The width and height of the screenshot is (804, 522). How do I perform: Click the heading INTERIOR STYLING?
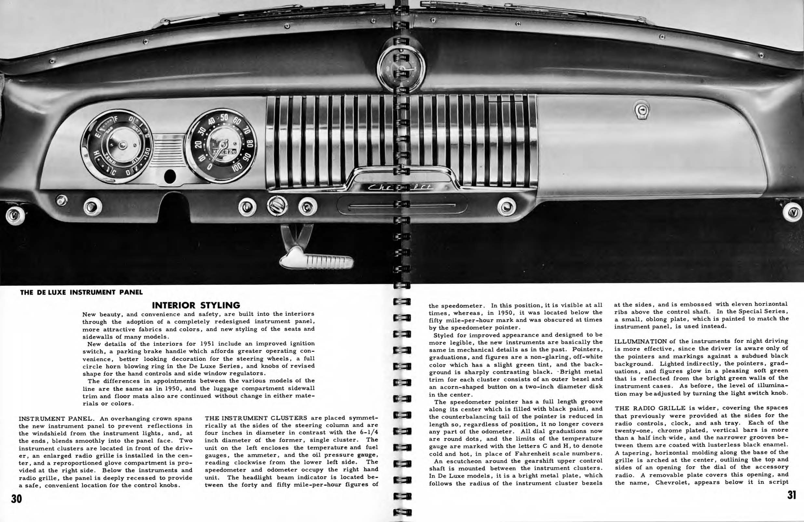click(x=196, y=305)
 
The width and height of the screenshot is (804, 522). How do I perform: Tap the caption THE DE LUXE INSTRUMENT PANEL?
click(x=81, y=292)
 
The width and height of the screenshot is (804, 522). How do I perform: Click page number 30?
click(x=17, y=499)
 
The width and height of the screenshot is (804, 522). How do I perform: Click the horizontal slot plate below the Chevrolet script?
click(x=402, y=205)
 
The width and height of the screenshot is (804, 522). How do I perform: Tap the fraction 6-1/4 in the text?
click(x=367, y=433)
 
